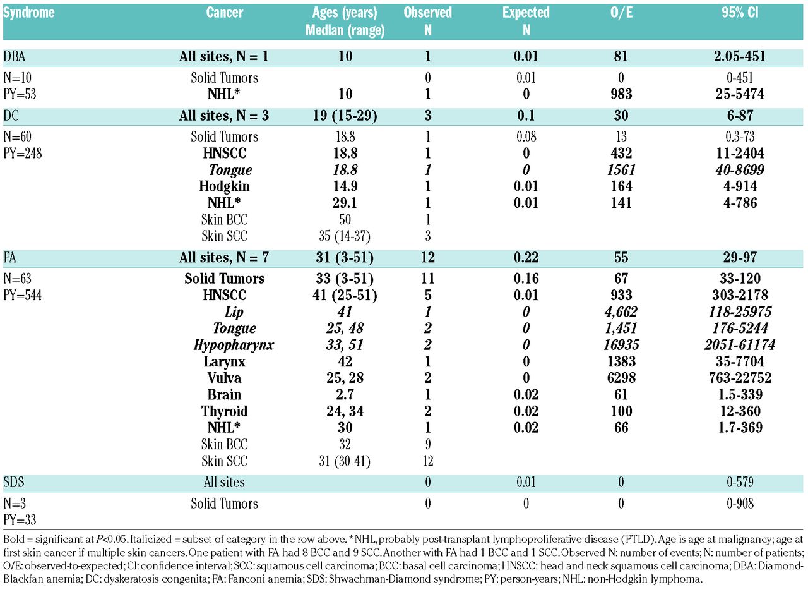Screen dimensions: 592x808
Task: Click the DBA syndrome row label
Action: click(15, 57)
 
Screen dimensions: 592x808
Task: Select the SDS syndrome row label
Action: click(15, 483)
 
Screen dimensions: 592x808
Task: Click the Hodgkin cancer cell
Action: click(224, 186)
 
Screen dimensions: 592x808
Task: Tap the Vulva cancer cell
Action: click(224, 378)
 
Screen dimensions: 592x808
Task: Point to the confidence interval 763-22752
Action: click(736, 378)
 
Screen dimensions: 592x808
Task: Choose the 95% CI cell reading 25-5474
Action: click(736, 94)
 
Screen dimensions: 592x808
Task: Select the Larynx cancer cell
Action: click(224, 361)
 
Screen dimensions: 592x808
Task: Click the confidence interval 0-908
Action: click(736, 504)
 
